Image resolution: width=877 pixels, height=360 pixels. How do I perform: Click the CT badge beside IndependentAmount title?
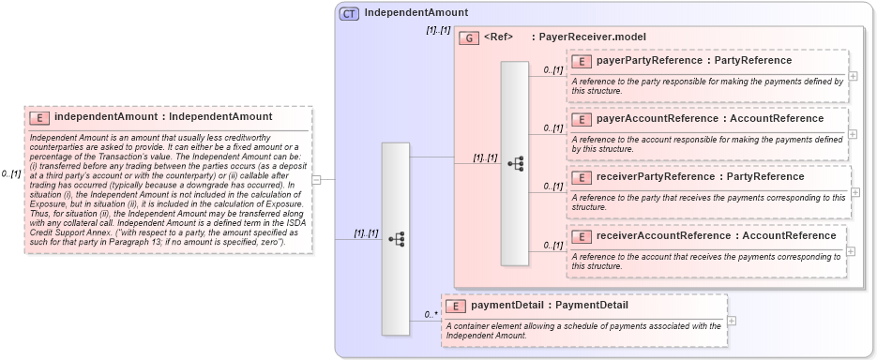coord(349,13)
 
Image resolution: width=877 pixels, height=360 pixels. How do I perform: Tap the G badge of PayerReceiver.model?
coord(469,37)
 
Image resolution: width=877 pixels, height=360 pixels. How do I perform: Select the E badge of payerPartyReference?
coord(582,61)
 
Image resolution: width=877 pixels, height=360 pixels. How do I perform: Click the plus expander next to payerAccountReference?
coord(853,133)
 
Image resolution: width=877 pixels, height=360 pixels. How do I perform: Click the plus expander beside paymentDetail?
coord(732,321)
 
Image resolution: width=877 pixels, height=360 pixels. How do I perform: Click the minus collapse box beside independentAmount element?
coord(316,180)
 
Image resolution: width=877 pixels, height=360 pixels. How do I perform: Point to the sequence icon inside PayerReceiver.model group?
coord(515,162)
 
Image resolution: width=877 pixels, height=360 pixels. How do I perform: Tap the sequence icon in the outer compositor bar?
coord(396,239)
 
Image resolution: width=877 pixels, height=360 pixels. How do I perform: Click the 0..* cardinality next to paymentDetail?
coord(431,314)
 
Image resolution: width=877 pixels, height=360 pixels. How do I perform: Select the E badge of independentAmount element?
coord(40,117)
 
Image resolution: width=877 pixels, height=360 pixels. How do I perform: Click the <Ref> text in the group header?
coord(498,37)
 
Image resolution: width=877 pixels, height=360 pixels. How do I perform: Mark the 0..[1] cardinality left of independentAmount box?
coord(11,174)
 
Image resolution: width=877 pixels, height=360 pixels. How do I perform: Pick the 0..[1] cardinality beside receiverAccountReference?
coord(552,246)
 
